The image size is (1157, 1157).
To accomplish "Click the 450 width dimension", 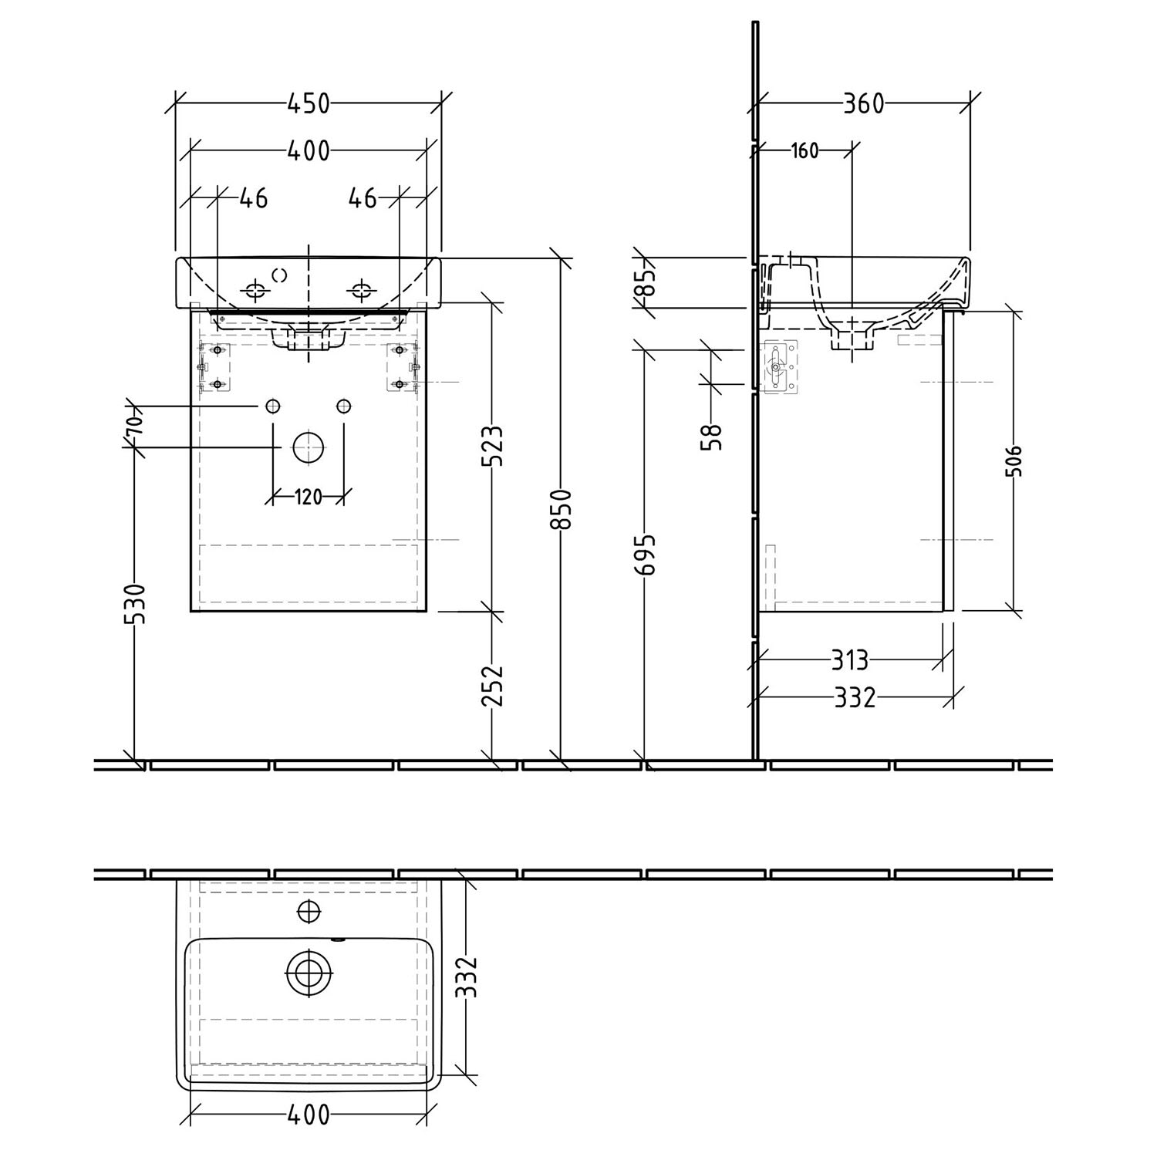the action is pos(309,103).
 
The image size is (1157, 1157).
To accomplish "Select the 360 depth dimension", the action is pos(863,103).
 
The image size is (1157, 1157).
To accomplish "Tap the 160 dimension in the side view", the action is pos(805,150).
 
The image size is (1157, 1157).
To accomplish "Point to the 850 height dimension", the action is pos(565,508).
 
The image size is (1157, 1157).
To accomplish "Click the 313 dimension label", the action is pos(849,660).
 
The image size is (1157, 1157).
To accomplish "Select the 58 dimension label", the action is pos(713,437).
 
